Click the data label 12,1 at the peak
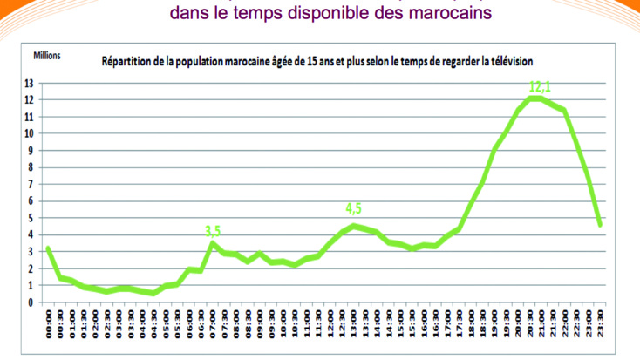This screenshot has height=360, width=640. point(540,86)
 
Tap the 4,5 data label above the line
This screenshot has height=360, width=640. point(353,209)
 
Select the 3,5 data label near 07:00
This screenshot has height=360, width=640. point(213,231)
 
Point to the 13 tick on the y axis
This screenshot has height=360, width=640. point(30,84)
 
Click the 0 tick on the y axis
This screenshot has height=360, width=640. point(32,302)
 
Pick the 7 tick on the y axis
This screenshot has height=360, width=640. point(32,185)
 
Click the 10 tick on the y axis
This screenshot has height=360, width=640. point(30,134)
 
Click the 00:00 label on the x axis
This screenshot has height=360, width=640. point(49,326)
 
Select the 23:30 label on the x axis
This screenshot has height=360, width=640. point(600,326)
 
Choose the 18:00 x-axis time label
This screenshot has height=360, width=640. point(471,326)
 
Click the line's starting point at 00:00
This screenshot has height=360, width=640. point(48,248)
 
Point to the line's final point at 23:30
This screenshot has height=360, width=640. point(600,225)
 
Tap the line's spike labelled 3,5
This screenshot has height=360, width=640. point(212,243)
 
